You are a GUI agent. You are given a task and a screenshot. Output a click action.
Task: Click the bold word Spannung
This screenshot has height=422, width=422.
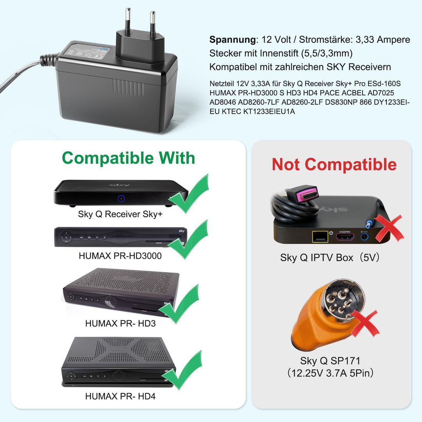[x=232, y=39]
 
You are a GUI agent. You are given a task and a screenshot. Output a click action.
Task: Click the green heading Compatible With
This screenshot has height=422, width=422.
[x=128, y=158]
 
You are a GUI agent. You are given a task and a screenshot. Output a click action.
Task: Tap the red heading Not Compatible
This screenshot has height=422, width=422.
[x=334, y=165]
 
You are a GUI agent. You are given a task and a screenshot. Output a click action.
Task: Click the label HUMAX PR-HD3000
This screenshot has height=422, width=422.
[x=120, y=256]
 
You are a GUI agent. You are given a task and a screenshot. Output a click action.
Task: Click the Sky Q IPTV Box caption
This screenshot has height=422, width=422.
[x=329, y=257]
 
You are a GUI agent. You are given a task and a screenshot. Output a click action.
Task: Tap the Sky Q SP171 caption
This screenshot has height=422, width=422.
[x=330, y=360]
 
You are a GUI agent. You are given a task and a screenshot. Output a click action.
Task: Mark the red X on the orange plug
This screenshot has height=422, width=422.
[x=365, y=323]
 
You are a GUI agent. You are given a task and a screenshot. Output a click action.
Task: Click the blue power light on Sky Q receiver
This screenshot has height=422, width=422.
[x=122, y=199]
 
